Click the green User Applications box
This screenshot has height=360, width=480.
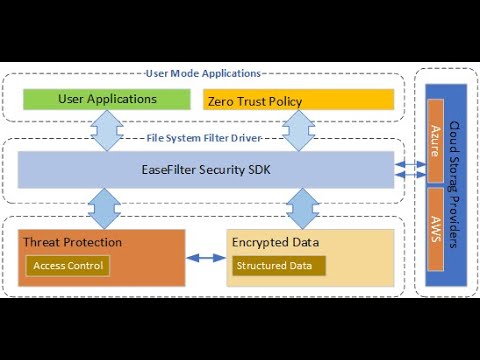107,99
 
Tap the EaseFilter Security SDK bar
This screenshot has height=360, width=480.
206,169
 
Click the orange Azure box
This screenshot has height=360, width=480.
435,139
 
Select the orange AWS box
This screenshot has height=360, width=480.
435,226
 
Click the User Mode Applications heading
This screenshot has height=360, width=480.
203,74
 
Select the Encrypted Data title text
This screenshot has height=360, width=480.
276,242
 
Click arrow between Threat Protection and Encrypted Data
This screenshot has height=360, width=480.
206,259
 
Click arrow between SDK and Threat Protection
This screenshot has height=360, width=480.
105,208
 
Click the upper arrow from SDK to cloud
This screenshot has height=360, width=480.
408,163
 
